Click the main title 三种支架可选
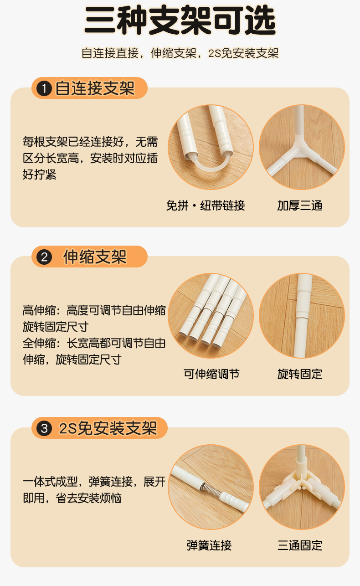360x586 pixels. click(x=180, y=21)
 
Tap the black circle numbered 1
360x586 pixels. click(x=44, y=88)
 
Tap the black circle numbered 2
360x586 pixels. click(x=44, y=257)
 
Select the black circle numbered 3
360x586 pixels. click(x=44, y=428)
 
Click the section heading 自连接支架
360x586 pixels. click(x=95, y=88)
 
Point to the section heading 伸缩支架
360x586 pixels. click(x=95, y=257)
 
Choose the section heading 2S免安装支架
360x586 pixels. click(x=108, y=428)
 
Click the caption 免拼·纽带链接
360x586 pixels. click(x=206, y=206)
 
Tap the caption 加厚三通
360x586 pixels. click(x=300, y=206)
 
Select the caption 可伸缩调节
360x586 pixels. click(x=211, y=374)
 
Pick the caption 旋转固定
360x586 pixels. click(x=300, y=374)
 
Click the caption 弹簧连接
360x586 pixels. click(x=209, y=545)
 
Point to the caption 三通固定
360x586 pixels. click(x=300, y=545)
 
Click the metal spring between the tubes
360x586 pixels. click(x=211, y=488)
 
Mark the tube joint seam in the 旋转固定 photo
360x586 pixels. click(x=302, y=318)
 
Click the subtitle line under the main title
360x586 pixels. click(x=180, y=53)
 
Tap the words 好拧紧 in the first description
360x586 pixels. click(x=40, y=175)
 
